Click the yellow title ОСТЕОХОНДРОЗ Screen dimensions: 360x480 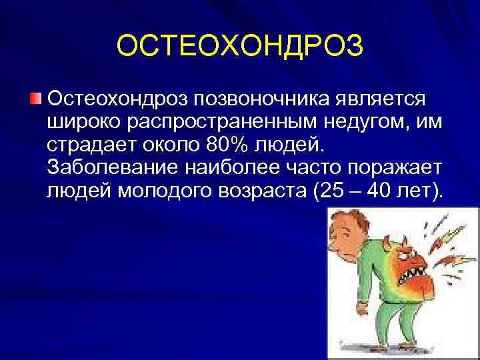[240, 47]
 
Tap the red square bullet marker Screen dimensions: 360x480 [36, 99]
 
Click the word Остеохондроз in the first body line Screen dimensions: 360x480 [117, 99]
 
